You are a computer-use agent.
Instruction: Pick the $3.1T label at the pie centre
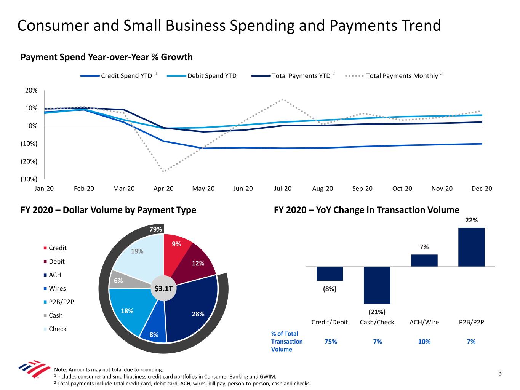(x=163, y=289)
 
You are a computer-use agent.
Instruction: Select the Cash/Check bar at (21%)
(x=377, y=285)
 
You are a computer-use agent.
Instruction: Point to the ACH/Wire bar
(x=424, y=261)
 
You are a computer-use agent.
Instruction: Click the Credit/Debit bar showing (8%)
(x=330, y=273)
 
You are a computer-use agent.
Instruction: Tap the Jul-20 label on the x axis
(x=283, y=189)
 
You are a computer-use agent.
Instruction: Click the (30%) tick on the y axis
(x=29, y=179)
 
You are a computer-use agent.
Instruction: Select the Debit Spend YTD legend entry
(x=211, y=76)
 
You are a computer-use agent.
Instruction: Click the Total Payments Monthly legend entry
(x=402, y=76)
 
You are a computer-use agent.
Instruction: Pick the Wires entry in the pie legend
(x=57, y=288)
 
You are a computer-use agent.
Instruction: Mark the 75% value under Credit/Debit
(x=330, y=342)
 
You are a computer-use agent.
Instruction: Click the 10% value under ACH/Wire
(x=424, y=342)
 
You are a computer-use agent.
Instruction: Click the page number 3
(x=500, y=373)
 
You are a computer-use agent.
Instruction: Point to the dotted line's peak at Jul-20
(x=283, y=99)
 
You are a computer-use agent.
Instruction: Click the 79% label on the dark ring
(x=155, y=229)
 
